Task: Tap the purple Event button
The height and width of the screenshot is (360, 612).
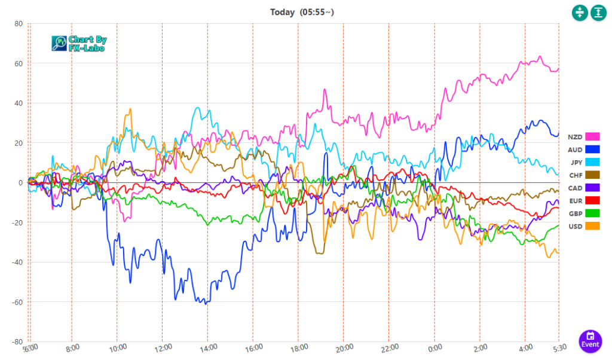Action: click(590, 340)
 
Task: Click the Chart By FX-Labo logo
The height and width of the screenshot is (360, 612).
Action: click(79, 43)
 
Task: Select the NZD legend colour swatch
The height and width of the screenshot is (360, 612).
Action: click(593, 137)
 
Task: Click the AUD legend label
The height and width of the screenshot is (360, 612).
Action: click(575, 150)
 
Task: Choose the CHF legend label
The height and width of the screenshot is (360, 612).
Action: click(575, 175)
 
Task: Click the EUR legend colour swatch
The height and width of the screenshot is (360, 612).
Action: click(593, 200)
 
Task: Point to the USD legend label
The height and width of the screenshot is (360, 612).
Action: click(575, 226)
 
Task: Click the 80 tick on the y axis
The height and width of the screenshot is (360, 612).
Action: click(19, 24)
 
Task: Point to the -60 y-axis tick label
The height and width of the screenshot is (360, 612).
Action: click(17, 302)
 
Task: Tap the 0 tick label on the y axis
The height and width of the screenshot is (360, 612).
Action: click(20, 183)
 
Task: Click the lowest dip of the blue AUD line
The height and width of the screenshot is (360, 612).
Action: click(206, 304)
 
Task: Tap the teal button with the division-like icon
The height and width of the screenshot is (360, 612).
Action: click(580, 12)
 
